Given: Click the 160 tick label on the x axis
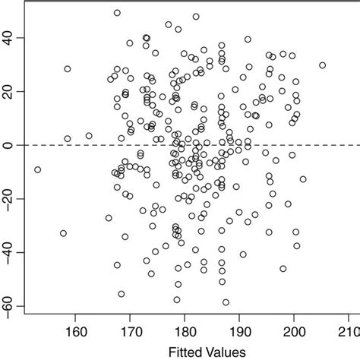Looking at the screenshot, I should (x=75, y=330).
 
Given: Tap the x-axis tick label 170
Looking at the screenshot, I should (x=130, y=330).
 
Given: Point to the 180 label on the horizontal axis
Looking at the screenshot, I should (x=185, y=330).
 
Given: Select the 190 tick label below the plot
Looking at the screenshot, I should (x=239, y=330).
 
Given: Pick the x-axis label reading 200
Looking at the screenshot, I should (x=294, y=330).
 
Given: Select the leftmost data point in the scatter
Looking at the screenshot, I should (x=38, y=169).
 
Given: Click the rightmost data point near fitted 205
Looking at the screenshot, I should (x=322, y=65).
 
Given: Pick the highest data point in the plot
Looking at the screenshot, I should (x=117, y=13).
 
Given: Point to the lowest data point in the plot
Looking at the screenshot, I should (x=226, y=302).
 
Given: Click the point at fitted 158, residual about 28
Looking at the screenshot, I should (x=67, y=69).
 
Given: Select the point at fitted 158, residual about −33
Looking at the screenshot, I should (x=64, y=233).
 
